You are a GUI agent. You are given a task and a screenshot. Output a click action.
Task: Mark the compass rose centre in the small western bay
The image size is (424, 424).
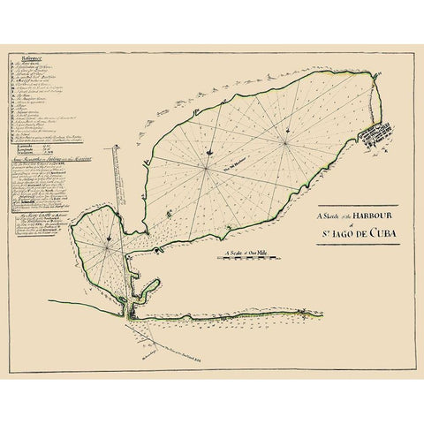point(106,249)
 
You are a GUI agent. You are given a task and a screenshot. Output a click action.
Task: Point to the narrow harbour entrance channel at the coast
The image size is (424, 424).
point(129,305)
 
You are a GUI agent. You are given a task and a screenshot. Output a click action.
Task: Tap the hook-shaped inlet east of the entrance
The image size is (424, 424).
point(152,287)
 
